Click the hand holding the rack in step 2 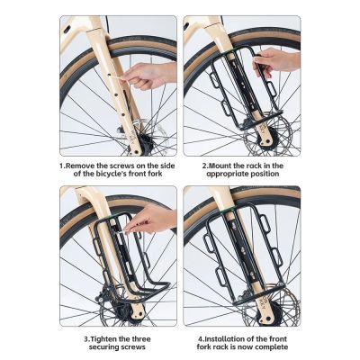click(x=279, y=61)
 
